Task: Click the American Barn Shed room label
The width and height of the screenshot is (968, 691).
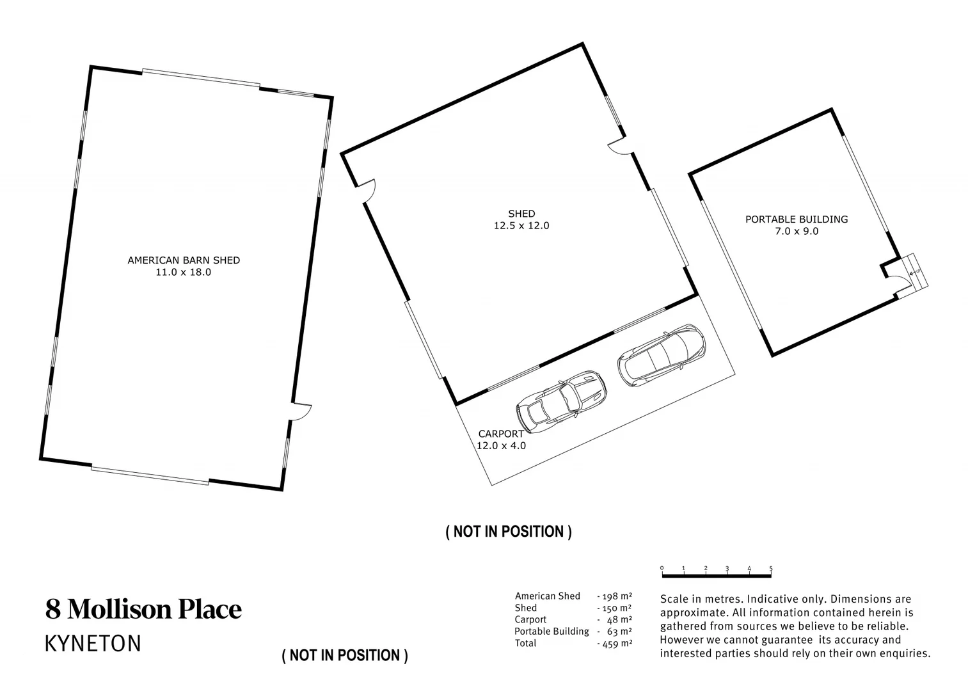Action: coord(184,260)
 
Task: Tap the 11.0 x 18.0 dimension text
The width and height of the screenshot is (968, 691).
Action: coord(184,273)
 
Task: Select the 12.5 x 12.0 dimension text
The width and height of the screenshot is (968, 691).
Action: coord(521,226)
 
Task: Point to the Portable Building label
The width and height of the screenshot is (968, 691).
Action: coord(797,219)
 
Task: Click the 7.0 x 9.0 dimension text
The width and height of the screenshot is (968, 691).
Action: coord(797,231)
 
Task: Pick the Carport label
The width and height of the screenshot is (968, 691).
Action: coord(501,433)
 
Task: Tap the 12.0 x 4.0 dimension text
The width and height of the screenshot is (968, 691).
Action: coord(502,445)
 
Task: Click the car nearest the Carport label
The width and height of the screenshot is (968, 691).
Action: coord(561,401)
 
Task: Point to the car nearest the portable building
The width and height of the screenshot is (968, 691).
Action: coord(661,355)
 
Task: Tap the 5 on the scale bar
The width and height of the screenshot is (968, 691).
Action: coord(771,568)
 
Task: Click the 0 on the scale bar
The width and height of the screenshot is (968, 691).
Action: coord(662,568)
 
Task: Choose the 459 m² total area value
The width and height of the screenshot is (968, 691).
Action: coord(615,644)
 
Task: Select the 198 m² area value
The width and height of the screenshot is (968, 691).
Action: coord(615,596)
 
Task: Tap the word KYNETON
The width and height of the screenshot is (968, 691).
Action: coord(93,644)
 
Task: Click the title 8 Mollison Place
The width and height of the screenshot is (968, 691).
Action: coord(143,609)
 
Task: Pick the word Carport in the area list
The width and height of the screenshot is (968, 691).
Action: coord(530,620)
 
